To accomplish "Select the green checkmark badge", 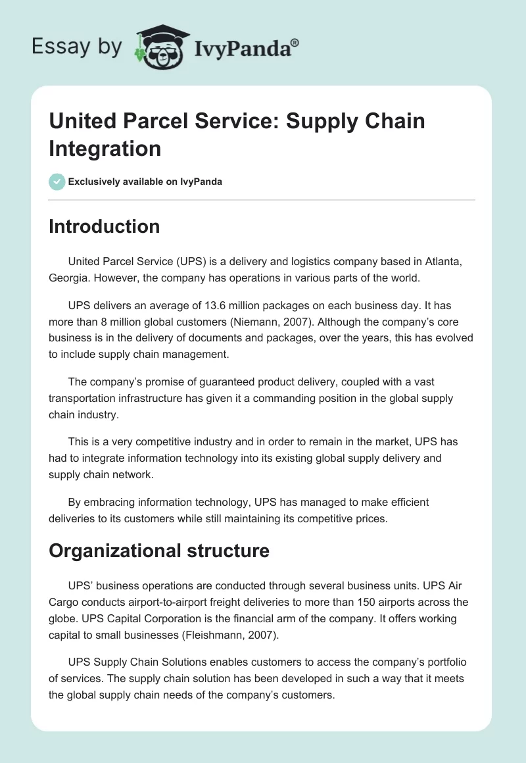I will tap(57, 182).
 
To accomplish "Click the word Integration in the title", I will tap(105, 148).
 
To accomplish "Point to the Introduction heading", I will tap(104, 226).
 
